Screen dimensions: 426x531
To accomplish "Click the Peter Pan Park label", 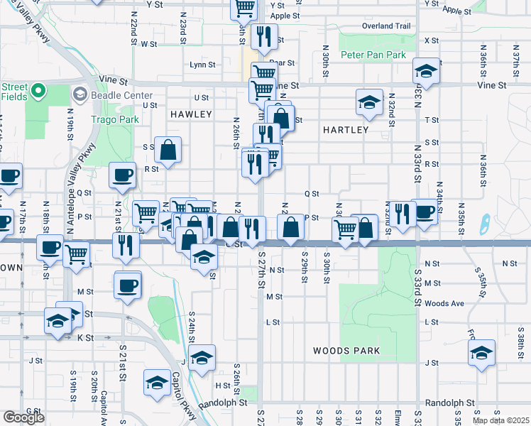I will coord(373,55).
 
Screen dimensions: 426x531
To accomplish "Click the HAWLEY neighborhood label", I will coord(191,114).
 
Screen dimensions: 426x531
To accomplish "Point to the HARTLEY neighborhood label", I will coord(346,130).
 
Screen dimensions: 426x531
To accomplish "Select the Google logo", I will coord(23,417).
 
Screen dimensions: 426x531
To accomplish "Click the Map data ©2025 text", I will coord(501,420).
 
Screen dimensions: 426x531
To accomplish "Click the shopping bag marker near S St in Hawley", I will coord(168,149).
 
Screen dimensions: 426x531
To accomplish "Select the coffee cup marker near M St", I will coord(127,285).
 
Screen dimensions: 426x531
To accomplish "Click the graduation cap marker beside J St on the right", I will coord(481,352).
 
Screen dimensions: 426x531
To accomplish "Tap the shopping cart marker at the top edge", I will coord(243,8).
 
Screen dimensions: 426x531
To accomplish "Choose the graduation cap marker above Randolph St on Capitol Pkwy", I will coord(156,383).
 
